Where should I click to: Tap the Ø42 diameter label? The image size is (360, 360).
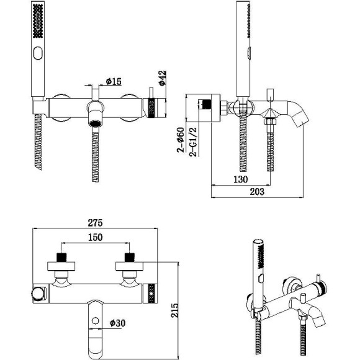pos(163,79)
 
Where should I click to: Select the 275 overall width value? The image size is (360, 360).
pos(94,223)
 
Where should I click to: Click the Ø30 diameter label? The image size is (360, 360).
pos(119,323)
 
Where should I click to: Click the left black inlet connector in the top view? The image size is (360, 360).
pos(61,257)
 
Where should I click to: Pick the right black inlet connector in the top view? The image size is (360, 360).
pos(130,257)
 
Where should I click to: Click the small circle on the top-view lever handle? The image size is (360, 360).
pos(95,321)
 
